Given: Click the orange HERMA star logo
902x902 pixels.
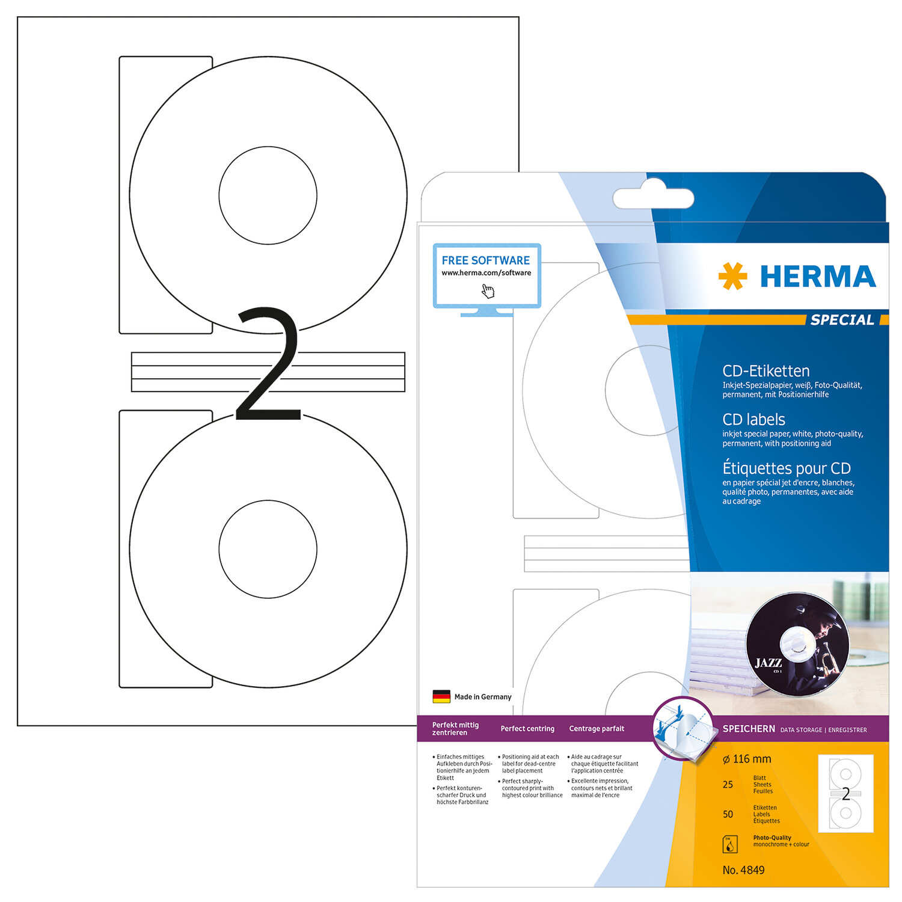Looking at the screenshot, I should pyautogui.click(x=732, y=276).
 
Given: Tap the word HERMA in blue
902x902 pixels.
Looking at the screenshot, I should pyautogui.click(x=818, y=277).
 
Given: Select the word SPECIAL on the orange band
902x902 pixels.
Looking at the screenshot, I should pyautogui.click(x=842, y=320).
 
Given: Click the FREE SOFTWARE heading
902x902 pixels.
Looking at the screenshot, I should pyautogui.click(x=486, y=260).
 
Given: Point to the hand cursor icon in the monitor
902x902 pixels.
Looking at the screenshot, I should pyautogui.click(x=488, y=292).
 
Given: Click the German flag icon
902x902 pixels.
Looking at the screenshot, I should pyautogui.click(x=441, y=696).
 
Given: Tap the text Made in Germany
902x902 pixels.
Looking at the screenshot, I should pyautogui.click(x=483, y=697).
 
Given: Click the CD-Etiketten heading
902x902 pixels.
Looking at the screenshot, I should pyautogui.click(x=766, y=371).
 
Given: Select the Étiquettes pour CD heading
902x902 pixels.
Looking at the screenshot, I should pyautogui.click(x=787, y=468).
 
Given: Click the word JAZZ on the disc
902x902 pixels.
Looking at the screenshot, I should pyautogui.click(x=768, y=663).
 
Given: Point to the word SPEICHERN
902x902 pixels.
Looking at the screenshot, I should pyautogui.click(x=749, y=729).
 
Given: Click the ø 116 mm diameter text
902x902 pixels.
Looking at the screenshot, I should pyautogui.click(x=747, y=759).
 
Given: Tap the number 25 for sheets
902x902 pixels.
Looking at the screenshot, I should pyautogui.click(x=728, y=785).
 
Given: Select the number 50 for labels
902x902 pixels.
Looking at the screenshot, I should pyautogui.click(x=728, y=814).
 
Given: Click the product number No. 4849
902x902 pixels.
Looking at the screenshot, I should pyautogui.click(x=744, y=870).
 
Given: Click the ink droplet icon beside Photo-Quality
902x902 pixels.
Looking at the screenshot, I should pyautogui.click(x=729, y=844).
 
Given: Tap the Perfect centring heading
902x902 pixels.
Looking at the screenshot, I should pyautogui.click(x=527, y=729).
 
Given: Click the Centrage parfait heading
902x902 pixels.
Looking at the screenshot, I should pyautogui.click(x=597, y=729).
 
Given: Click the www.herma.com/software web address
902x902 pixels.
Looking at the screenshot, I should pyautogui.click(x=486, y=273).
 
